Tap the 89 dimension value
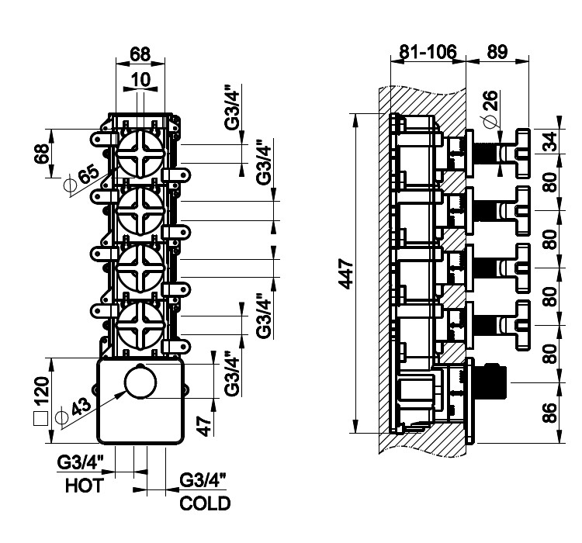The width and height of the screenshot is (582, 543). click(x=497, y=52)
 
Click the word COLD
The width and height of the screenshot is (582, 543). click(x=205, y=503)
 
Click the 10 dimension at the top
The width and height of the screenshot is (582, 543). click(x=140, y=80)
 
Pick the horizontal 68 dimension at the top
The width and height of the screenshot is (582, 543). click(x=140, y=54)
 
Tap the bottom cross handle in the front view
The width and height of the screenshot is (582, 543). click(x=140, y=323)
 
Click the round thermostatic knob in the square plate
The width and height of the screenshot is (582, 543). click(x=140, y=386)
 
